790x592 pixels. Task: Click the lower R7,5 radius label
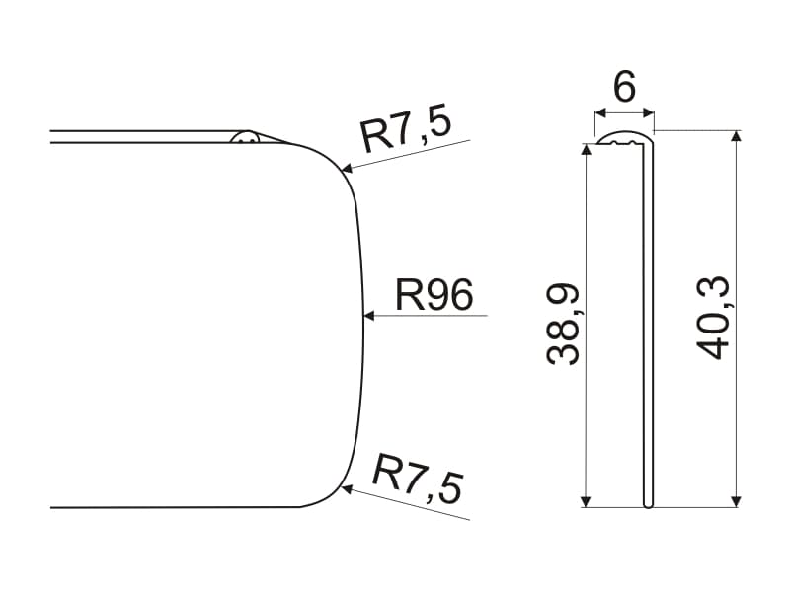(x=417, y=479)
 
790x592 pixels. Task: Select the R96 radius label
(x=434, y=294)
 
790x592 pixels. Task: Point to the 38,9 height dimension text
(x=563, y=325)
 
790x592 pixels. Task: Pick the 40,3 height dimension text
(x=712, y=318)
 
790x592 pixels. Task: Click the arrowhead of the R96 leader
(x=369, y=316)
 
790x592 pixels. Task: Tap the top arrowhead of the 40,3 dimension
(x=737, y=136)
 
